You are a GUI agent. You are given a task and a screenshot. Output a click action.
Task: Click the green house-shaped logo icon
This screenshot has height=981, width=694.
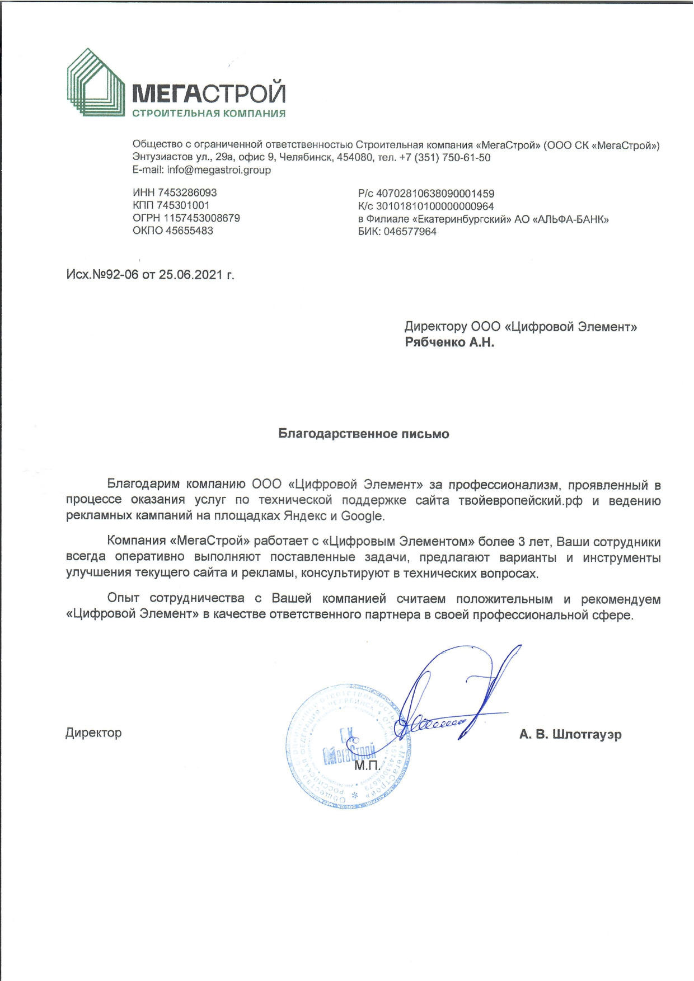[x=96, y=82]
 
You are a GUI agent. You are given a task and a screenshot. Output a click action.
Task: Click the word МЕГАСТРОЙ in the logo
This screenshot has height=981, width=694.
[x=209, y=93]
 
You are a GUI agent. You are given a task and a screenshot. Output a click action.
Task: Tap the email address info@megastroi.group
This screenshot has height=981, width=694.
[x=219, y=170]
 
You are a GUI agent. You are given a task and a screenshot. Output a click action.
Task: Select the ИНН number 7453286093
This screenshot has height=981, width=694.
[x=187, y=193]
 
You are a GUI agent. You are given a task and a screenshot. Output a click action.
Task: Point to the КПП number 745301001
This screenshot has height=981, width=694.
[x=183, y=205]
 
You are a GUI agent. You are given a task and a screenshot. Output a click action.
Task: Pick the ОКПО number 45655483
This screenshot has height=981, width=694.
[x=189, y=231]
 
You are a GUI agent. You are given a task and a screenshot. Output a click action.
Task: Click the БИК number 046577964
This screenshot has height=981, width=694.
[x=410, y=232]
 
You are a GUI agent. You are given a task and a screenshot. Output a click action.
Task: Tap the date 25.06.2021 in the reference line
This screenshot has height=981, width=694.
[x=191, y=275]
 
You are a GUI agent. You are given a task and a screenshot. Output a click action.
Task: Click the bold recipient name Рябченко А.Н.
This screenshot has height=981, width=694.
[x=449, y=342]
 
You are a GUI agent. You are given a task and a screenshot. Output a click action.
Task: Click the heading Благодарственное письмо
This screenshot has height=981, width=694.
[x=364, y=434]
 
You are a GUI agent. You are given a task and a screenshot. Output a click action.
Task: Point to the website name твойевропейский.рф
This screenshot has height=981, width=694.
[x=520, y=501]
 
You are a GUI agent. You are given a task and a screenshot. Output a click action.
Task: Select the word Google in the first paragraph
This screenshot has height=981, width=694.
[x=362, y=516]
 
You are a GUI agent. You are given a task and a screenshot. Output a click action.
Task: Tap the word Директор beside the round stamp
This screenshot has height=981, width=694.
[x=93, y=733]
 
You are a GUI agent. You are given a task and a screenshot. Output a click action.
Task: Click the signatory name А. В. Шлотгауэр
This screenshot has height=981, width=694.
[x=570, y=734]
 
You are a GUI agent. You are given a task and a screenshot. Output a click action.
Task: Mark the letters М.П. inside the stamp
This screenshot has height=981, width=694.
[x=367, y=764]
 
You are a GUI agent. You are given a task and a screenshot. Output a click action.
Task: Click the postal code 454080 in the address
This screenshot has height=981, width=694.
[x=354, y=158]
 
